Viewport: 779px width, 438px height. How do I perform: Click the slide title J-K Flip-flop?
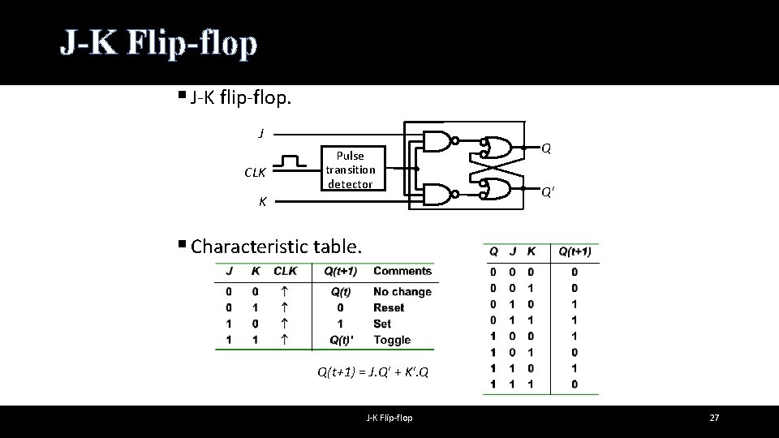[x=159, y=44]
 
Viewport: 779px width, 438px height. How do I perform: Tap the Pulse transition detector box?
[x=350, y=169]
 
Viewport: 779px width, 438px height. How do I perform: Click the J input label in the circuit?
[x=260, y=133]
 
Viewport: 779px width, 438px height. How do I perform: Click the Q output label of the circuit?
[x=547, y=148]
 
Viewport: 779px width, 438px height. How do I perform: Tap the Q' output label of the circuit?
[x=549, y=192]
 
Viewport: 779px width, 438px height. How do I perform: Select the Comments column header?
[x=402, y=271]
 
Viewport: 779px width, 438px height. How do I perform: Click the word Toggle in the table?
[x=392, y=340]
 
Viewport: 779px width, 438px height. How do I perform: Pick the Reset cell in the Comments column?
[x=389, y=307]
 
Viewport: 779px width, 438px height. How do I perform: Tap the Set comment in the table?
[x=382, y=324]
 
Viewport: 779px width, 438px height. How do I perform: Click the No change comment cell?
[x=402, y=291]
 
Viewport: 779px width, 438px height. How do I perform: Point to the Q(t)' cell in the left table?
[x=340, y=340]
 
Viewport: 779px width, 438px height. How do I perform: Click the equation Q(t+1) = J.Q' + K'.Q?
[x=372, y=373]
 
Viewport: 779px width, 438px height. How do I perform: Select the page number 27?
[x=714, y=418]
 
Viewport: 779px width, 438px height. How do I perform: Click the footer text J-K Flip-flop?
[x=389, y=418]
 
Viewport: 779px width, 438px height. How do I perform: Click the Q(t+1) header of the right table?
[x=575, y=252]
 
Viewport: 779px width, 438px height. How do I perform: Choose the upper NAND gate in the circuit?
[x=440, y=141]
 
